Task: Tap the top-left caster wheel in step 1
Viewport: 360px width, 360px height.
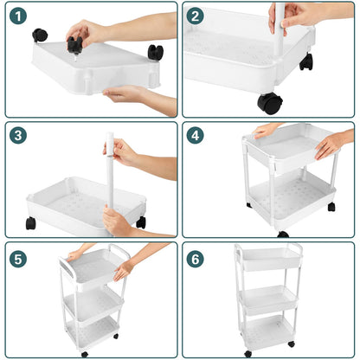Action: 40,35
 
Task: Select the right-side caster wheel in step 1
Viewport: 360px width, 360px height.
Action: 155,52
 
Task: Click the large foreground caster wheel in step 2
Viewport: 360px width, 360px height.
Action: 270,103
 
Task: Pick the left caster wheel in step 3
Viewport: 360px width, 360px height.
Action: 31,223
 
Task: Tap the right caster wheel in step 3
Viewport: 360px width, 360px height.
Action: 141,222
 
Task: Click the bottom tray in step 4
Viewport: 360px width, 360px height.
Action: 290,197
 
